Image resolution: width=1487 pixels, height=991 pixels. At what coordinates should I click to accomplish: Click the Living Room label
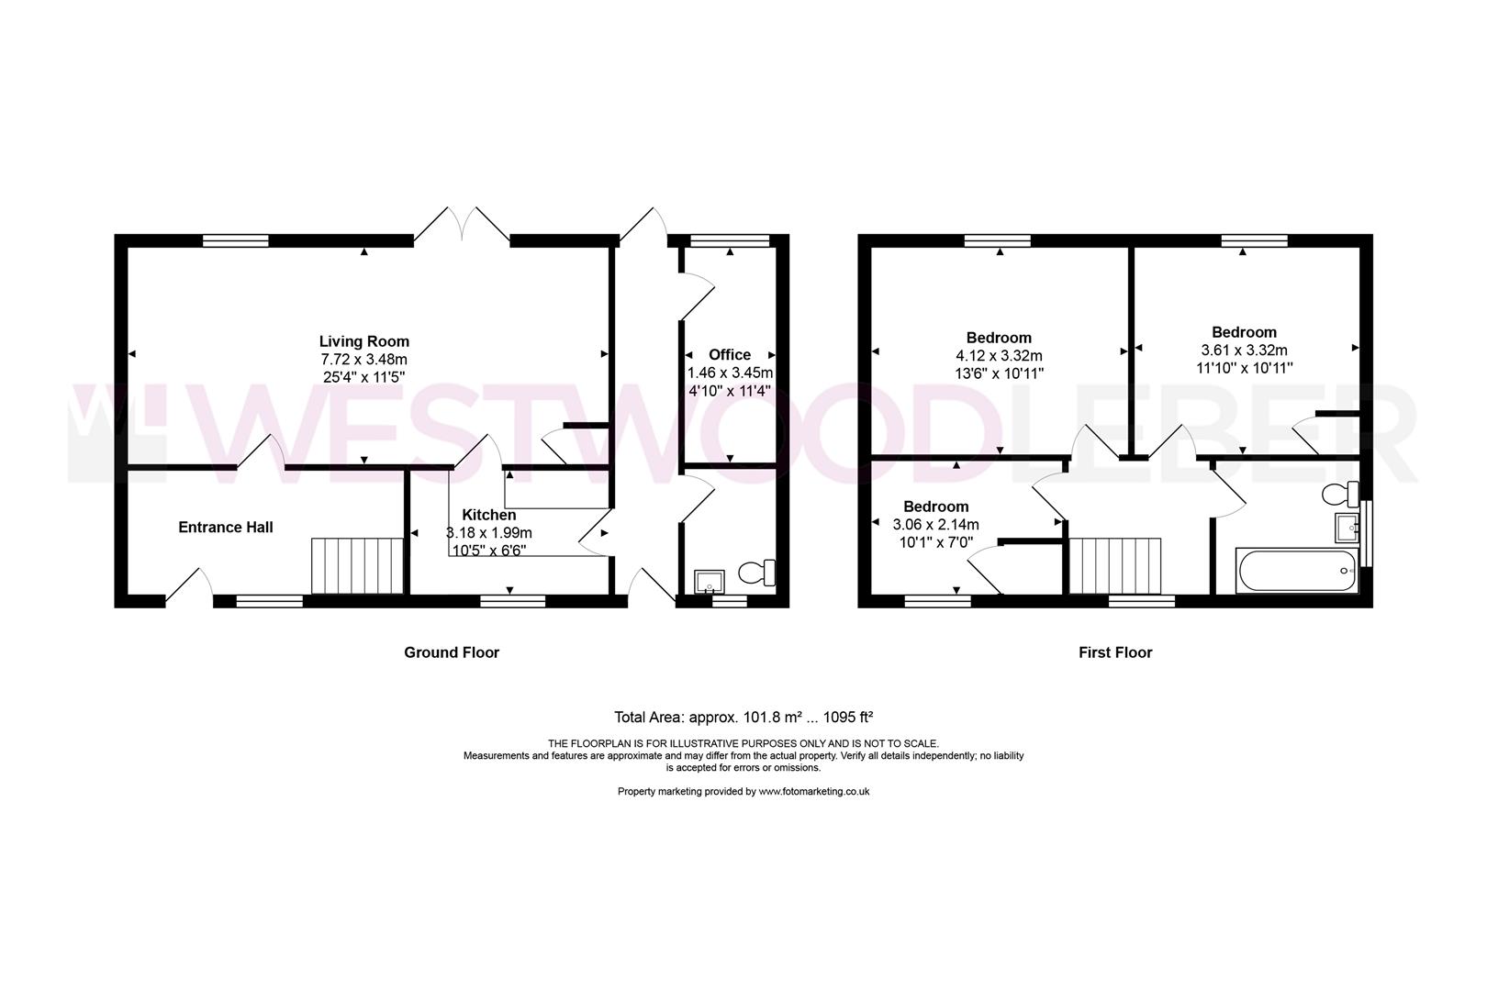click(363, 341)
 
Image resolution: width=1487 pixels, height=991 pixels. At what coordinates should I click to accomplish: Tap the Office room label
click(729, 354)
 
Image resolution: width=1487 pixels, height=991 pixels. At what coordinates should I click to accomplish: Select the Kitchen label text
click(488, 515)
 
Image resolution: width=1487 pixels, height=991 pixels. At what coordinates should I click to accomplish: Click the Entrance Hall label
click(225, 527)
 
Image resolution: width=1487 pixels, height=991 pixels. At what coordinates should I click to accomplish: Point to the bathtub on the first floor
click(1297, 571)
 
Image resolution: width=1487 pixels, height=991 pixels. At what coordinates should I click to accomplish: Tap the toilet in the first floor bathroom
click(1341, 494)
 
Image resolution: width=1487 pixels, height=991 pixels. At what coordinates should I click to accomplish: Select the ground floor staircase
click(358, 566)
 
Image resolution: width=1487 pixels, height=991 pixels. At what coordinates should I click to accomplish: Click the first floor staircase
click(1115, 566)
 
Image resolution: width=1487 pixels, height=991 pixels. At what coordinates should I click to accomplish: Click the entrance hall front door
click(190, 588)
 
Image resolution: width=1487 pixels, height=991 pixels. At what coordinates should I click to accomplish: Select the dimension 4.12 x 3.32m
click(999, 355)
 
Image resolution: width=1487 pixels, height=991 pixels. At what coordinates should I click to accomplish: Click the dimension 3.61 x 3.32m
click(1244, 350)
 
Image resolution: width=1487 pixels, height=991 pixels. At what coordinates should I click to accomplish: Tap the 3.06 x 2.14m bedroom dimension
click(935, 525)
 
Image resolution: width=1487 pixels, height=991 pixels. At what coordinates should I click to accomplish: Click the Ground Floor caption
click(452, 652)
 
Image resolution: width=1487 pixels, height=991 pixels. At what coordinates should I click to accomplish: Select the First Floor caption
click(1114, 652)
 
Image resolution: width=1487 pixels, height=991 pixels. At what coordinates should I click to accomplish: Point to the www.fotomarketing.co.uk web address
click(813, 791)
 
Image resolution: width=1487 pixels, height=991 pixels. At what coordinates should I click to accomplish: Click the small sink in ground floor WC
click(710, 581)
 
